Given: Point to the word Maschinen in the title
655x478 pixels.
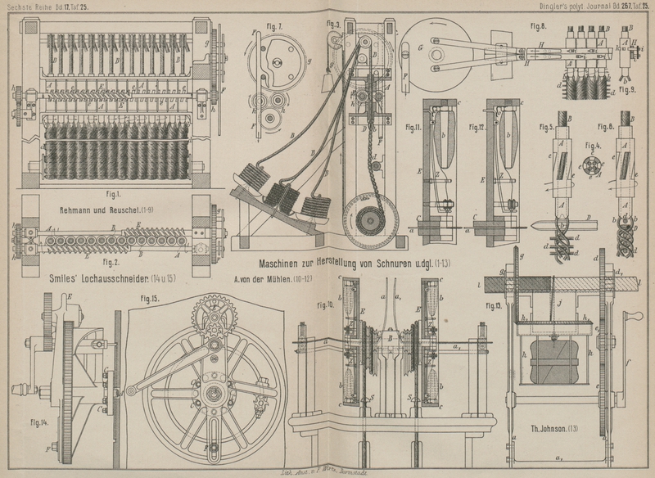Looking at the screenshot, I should click(x=287, y=264).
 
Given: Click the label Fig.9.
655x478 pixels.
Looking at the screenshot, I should click(x=627, y=90).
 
